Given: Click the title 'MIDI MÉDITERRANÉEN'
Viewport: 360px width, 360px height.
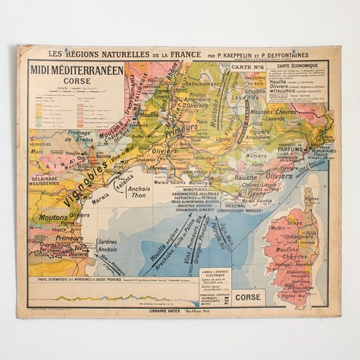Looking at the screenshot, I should click(x=76, y=70).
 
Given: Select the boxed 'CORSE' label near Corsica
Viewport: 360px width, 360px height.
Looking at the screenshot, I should click(x=250, y=295).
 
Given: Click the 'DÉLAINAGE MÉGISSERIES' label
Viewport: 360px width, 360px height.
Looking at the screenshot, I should click(x=45, y=181).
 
